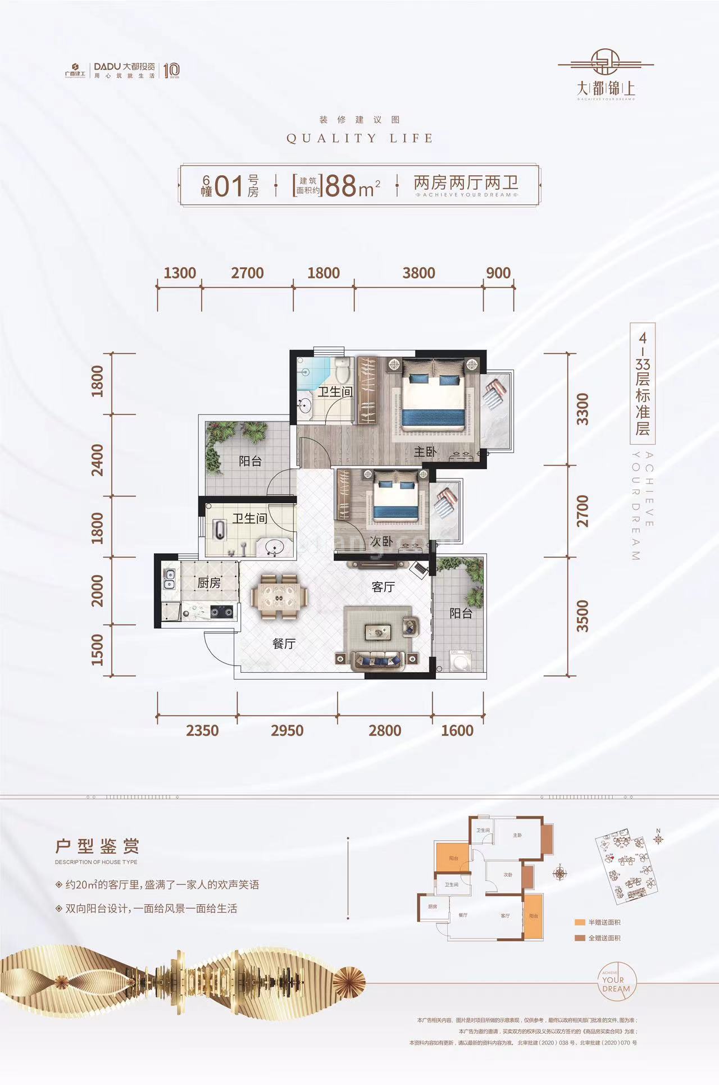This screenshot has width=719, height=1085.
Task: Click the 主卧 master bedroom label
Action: coord(425,452)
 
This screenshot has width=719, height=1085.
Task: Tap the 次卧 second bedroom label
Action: coord(381,541)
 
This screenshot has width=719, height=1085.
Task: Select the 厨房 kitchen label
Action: coord(209,583)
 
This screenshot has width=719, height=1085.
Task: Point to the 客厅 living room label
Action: coord(383,587)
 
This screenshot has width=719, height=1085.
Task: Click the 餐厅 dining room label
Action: coord(284,644)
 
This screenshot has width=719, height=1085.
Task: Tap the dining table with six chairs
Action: coord(279,596)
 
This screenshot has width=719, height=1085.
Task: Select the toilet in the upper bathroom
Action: coord(342,370)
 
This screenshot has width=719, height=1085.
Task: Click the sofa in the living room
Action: coord(377,660)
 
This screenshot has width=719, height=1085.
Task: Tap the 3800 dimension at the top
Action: coord(418,273)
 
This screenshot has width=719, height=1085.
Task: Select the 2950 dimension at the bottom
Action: coord(287,730)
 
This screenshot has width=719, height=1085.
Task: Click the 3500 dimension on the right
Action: coord(583,616)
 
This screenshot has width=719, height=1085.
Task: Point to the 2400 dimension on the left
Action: coord(97,460)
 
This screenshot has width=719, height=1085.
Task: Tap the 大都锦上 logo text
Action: coord(606,89)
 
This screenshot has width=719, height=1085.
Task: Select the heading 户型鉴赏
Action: coord(97,846)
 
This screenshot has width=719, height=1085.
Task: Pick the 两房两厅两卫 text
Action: coord(466,183)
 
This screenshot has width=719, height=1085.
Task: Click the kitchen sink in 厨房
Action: coord(169,580)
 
